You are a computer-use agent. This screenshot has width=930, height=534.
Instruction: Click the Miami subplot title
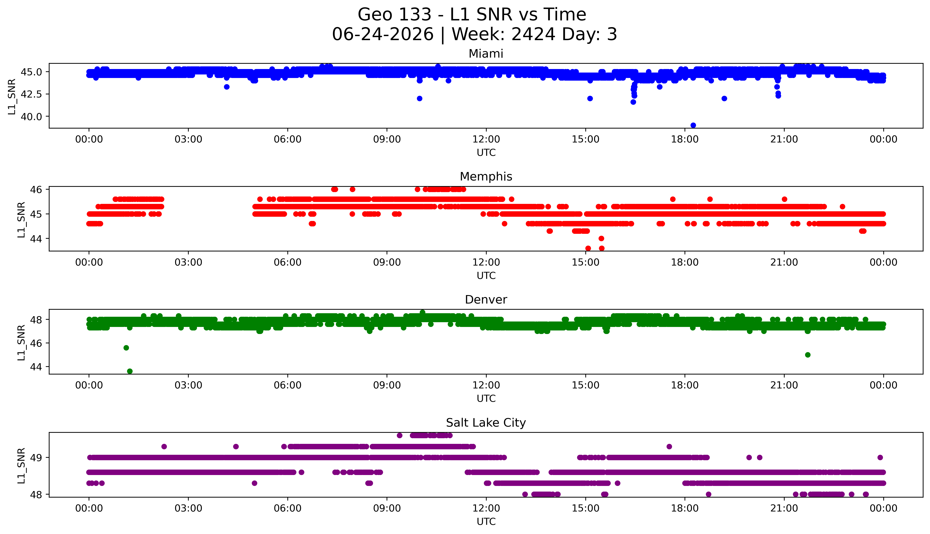[486, 54]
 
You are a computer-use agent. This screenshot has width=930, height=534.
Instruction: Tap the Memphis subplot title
[486, 177]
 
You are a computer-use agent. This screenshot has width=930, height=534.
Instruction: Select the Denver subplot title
[486, 300]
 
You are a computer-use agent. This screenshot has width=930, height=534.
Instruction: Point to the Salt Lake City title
[486, 423]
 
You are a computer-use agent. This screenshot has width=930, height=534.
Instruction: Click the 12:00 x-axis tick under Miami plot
[486, 139]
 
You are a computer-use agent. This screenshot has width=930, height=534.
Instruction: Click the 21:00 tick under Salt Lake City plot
[784, 508]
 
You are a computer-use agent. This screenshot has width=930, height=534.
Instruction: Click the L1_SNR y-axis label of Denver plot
[21, 342]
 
